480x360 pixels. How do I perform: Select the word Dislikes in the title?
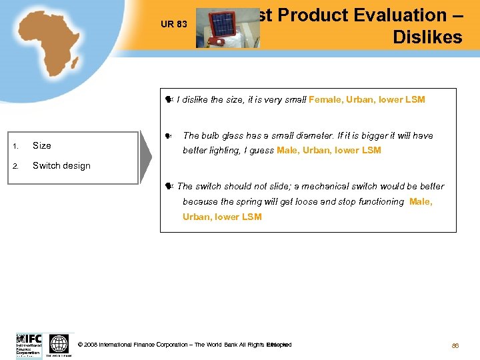pyautogui.click(x=427, y=37)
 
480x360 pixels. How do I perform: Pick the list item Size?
pyautogui.click(x=41, y=145)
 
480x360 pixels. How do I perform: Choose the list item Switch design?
pyautogui.click(x=61, y=165)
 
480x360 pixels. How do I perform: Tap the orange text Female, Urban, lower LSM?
pyautogui.click(x=367, y=100)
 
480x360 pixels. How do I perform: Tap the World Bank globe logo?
pyautogui.click(x=59, y=344)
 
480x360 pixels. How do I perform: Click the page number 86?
pyautogui.click(x=455, y=345)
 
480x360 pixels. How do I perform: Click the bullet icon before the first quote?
pyautogui.click(x=169, y=100)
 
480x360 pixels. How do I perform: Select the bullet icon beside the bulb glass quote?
pyautogui.click(x=169, y=136)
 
